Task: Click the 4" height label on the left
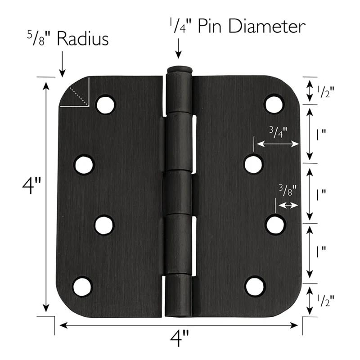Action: coord(31,186)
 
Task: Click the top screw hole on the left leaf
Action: coord(105,105)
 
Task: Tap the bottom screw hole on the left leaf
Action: coord(82,287)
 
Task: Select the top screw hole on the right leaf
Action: coord(274,104)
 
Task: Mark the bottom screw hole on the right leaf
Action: coord(255,286)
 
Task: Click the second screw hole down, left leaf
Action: coord(84,165)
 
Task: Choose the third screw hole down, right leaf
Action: coord(275,225)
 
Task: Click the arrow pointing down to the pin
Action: coord(179,49)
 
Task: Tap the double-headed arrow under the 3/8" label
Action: coord(288,205)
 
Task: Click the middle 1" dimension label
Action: coord(321,194)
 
